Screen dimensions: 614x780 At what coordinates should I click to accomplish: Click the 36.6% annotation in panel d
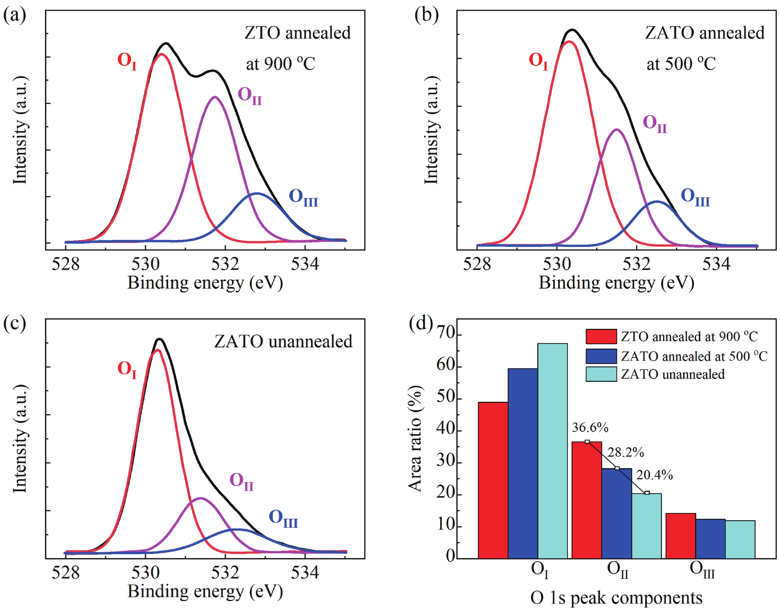click(x=590, y=427)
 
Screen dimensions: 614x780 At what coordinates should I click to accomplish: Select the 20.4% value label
click(x=654, y=475)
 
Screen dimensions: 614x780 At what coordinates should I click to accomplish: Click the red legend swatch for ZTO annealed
click(x=601, y=337)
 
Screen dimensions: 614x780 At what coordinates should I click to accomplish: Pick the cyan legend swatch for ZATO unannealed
click(x=601, y=374)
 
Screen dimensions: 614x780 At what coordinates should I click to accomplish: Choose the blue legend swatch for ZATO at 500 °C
click(x=601, y=356)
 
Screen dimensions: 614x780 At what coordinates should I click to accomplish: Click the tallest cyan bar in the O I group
click(x=553, y=449)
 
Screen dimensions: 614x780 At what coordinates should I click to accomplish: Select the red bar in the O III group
click(x=680, y=536)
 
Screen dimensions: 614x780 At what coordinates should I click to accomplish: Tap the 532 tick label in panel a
click(x=225, y=264)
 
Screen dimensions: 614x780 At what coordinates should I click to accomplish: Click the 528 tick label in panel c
click(x=65, y=572)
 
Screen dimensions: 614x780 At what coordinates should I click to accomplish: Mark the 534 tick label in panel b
click(x=716, y=264)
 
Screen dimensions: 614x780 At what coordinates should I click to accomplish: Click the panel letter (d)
click(x=421, y=323)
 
